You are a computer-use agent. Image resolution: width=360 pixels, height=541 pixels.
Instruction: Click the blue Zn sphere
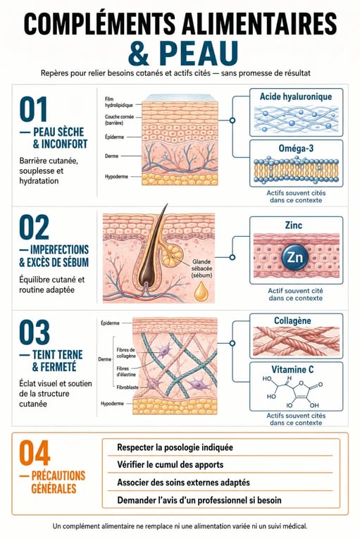(x=294, y=257)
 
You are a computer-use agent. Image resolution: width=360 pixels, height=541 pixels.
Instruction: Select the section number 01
(x=34, y=109)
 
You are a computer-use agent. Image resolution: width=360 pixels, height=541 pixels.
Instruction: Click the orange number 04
(x=35, y=453)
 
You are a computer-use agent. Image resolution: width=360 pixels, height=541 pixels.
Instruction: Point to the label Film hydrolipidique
(x=114, y=102)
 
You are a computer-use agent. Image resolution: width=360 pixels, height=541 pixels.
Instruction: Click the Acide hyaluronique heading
(x=296, y=97)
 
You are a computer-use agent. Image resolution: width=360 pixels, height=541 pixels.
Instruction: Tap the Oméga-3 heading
(x=296, y=149)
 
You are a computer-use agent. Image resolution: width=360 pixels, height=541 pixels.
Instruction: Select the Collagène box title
(x=292, y=321)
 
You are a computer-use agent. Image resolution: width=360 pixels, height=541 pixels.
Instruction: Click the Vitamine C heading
(x=292, y=370)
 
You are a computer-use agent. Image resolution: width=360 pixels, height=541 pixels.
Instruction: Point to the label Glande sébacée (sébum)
(x=202, y=268)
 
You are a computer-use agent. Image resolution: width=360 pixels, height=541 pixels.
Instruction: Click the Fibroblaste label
(x=128, y=387)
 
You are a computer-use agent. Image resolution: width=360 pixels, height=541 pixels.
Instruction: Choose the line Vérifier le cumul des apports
(x=170, y=464)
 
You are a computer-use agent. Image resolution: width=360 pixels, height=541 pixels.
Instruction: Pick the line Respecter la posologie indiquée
(x=175, y=447)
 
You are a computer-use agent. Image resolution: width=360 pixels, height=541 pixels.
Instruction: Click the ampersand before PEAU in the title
(x=138, y=54)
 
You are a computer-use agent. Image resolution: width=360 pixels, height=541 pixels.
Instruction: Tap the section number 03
(x=35, y=332)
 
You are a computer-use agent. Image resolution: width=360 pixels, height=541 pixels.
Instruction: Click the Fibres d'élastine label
(x=126, y=372)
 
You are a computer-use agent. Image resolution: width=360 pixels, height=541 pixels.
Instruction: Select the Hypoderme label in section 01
(x=116, y=177)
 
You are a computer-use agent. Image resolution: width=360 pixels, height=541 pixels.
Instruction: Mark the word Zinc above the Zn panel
(x=294, y=225)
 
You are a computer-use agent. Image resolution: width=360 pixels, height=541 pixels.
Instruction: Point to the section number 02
(x=35, y=228)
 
